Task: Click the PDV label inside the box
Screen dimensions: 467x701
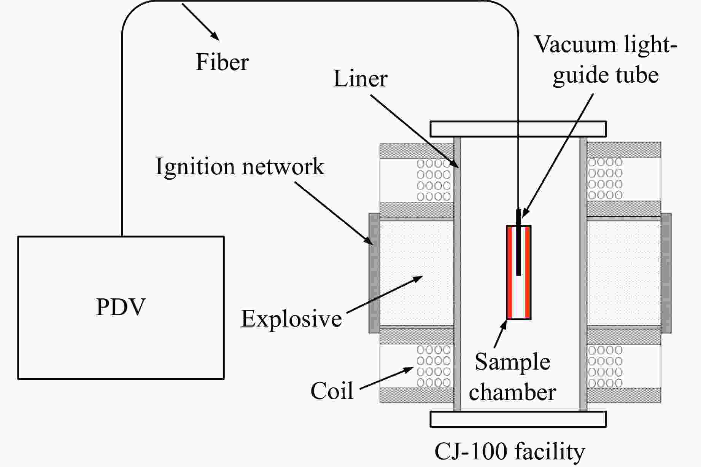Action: coord(121,307)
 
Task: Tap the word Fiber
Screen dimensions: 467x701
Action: coord(222,62)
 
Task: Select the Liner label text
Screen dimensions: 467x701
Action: coord(360,79)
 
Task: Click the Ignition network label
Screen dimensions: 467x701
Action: coord(240,167)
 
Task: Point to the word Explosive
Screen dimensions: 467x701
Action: coord(291,319)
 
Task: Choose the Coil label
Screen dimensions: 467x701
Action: coord(332,391)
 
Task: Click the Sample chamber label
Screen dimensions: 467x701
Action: coord(512,377)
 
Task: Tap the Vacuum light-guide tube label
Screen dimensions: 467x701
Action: coord(606,59)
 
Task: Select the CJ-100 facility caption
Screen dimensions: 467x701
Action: coord(510,452)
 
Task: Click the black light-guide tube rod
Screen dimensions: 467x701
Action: coord(518,244)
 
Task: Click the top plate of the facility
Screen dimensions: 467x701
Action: coord(518,129)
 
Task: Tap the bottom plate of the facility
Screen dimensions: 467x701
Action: coord(518,419)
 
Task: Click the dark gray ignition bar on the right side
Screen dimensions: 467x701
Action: coord(666,273)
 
